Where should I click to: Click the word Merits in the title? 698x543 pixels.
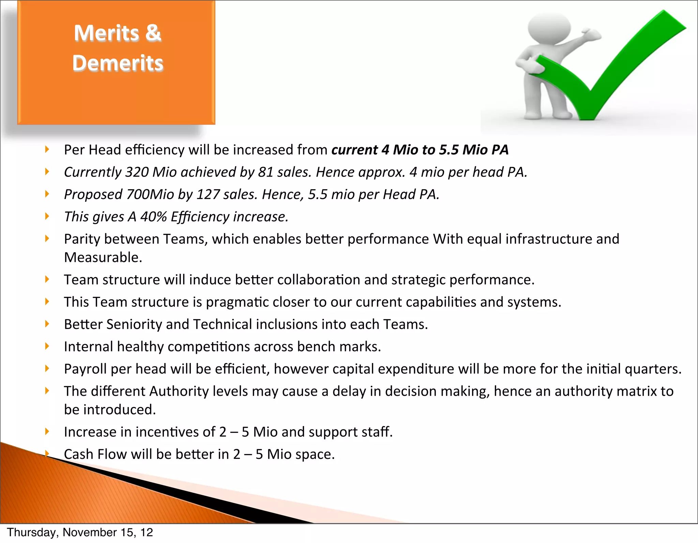tap(106, 33)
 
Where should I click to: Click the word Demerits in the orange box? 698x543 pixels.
tap(118, 63)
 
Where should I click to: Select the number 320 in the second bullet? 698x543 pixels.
tap(137, 172)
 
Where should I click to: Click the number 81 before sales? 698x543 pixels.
tap(265, 172)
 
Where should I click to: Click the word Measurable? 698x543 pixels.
tap(103, 258)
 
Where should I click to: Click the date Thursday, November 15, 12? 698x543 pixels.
tap(80, 532)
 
